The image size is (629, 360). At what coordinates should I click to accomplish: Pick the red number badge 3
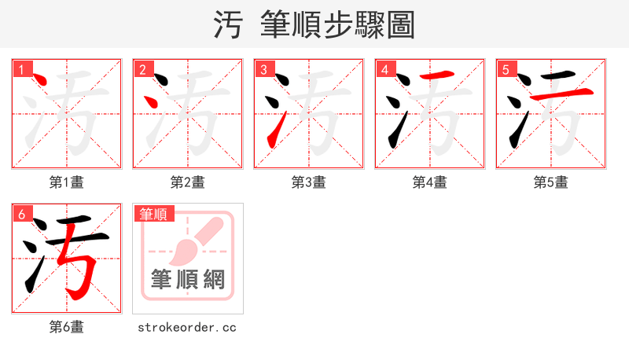(x=264, y=69)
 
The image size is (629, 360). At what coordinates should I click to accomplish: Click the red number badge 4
(x=385, y=69)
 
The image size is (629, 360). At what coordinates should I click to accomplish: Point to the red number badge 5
(x=506, y=69)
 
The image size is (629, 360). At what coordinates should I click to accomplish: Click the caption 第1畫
(x=67, y=182)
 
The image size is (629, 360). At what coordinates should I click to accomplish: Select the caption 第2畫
(x=188, y=182)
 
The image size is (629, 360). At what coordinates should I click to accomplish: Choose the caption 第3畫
(x=309, y=182)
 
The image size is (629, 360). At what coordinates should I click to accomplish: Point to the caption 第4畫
(x=430, y=182)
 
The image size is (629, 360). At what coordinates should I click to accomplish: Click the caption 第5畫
(x=551, y=182)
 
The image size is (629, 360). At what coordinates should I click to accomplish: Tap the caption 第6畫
(x=67, y=327)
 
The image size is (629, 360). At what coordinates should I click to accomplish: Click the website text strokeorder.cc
(x=187, y=327)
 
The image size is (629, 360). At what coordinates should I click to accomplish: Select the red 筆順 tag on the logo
(x=153, y=214)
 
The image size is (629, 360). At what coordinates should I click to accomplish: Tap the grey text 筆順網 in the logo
(x=188, y=280)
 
